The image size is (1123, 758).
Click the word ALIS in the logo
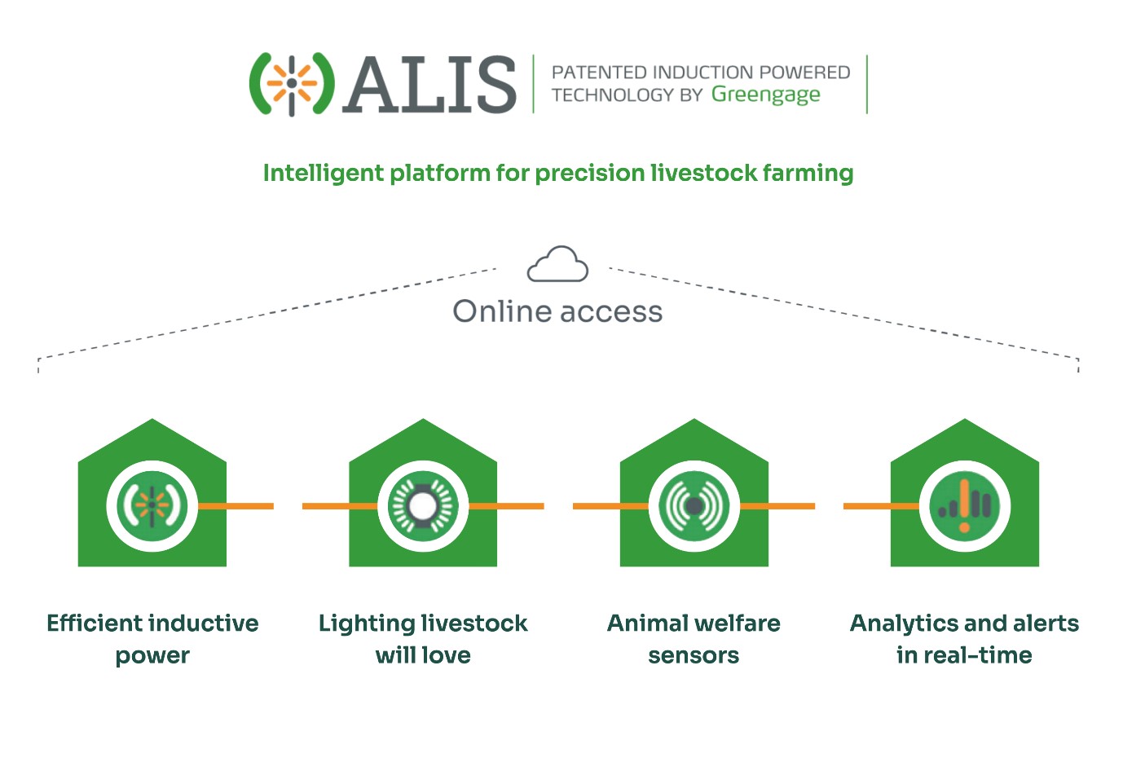(429, 84)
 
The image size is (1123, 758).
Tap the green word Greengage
(765, 95)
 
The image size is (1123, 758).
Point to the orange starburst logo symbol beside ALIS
(292, 84)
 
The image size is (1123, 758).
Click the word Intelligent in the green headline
(324, 174)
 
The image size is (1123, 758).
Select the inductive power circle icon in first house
(152, 506)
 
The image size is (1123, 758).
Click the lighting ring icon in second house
(423, 506)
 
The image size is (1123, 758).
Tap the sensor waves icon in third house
(694, 506)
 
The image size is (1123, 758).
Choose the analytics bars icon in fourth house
(965, 506)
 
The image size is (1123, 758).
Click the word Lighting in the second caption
(367, 624)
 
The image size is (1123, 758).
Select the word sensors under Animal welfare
(694, 656)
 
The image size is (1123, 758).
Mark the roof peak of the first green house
(152, 419)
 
